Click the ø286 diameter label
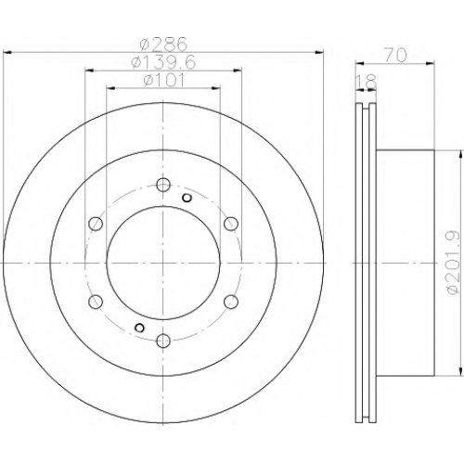click(x=163, y=45)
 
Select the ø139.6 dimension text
click(x=163, y=63)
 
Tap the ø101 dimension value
click(x=164, y=81)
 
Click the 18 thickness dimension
click(x=367, y=82)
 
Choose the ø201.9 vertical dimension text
click(x=451, y=263)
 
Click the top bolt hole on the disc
click(x=163, y=185)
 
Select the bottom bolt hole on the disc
click(x=163, y=341)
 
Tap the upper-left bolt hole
click(x=96, y=224)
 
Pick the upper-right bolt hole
click(x=231, y=224)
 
